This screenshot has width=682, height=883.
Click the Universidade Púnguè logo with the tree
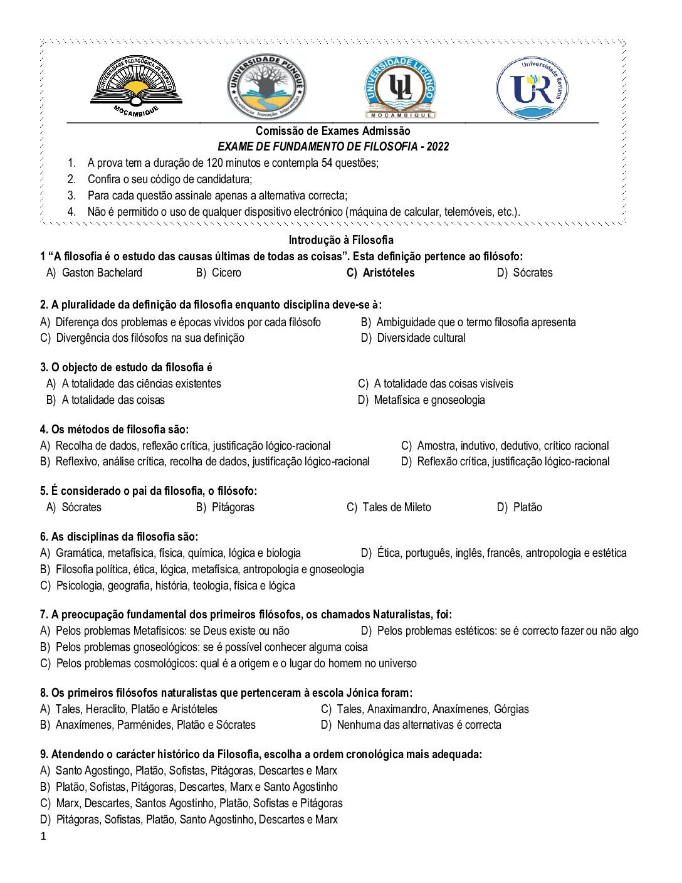point(266,87)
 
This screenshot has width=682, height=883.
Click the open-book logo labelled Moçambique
point(136,85)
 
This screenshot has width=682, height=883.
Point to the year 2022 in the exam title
point(438,147)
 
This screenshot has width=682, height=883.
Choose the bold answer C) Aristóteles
point(380,273)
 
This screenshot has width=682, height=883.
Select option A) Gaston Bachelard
point(95,273)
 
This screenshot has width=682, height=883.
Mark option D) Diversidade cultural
point(413,338)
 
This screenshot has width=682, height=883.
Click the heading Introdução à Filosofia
point(341,240)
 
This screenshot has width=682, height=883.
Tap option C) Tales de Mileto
point(389,507)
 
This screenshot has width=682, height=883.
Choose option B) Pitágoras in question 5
point(225,507)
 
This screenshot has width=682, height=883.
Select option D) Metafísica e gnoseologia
point(421,400)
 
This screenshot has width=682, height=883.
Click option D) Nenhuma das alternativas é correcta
point(411,725)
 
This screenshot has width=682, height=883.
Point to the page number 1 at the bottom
point(43,837)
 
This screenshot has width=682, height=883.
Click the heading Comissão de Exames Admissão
point(333,131)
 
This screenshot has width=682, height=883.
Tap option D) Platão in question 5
point(520,507)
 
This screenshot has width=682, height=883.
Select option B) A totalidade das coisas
point(105,400)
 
